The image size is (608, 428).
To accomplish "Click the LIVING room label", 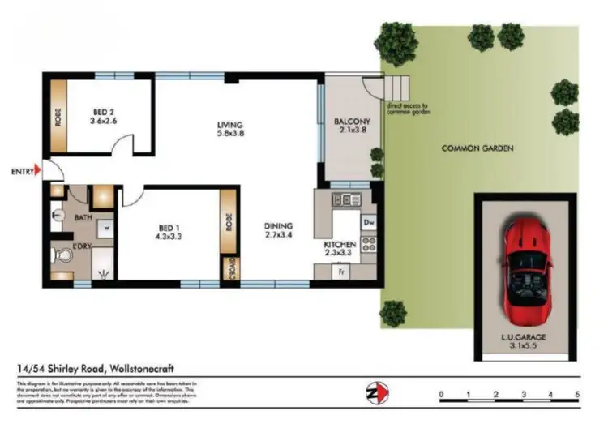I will pos(229,125).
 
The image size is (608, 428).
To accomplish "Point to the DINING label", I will pos(277,225).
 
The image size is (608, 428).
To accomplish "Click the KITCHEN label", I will pos(340,244).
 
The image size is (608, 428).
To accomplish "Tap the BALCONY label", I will pos(352,123).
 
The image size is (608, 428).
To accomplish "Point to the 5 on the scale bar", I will pos(577,396).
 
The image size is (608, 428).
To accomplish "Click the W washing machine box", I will pos(106,228).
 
